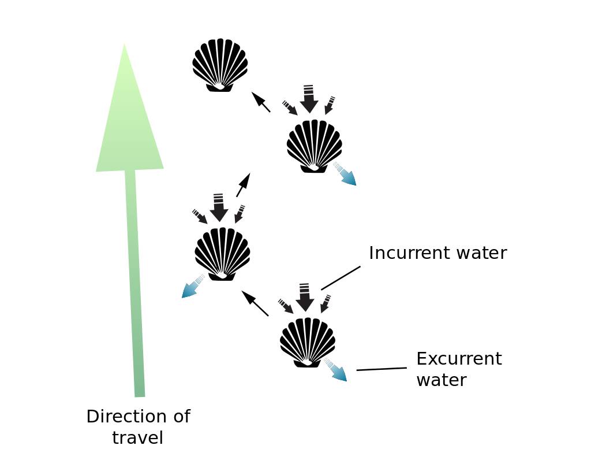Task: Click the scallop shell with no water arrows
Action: point(220,65)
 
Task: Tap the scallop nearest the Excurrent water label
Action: point(308,342)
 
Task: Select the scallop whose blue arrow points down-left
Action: point(222,254)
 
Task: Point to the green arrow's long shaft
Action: point(134,283)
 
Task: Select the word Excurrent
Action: point(459,359)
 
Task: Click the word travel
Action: point(137,438)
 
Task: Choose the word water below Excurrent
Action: point(441,380)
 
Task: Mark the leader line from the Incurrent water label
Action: point(341,278)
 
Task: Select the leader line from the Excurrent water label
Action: point(381,369)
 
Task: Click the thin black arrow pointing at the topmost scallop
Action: point(260,102)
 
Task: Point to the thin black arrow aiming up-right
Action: point(243,184)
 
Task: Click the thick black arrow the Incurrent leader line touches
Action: point(305,297)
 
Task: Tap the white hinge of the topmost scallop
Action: point(219,86)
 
